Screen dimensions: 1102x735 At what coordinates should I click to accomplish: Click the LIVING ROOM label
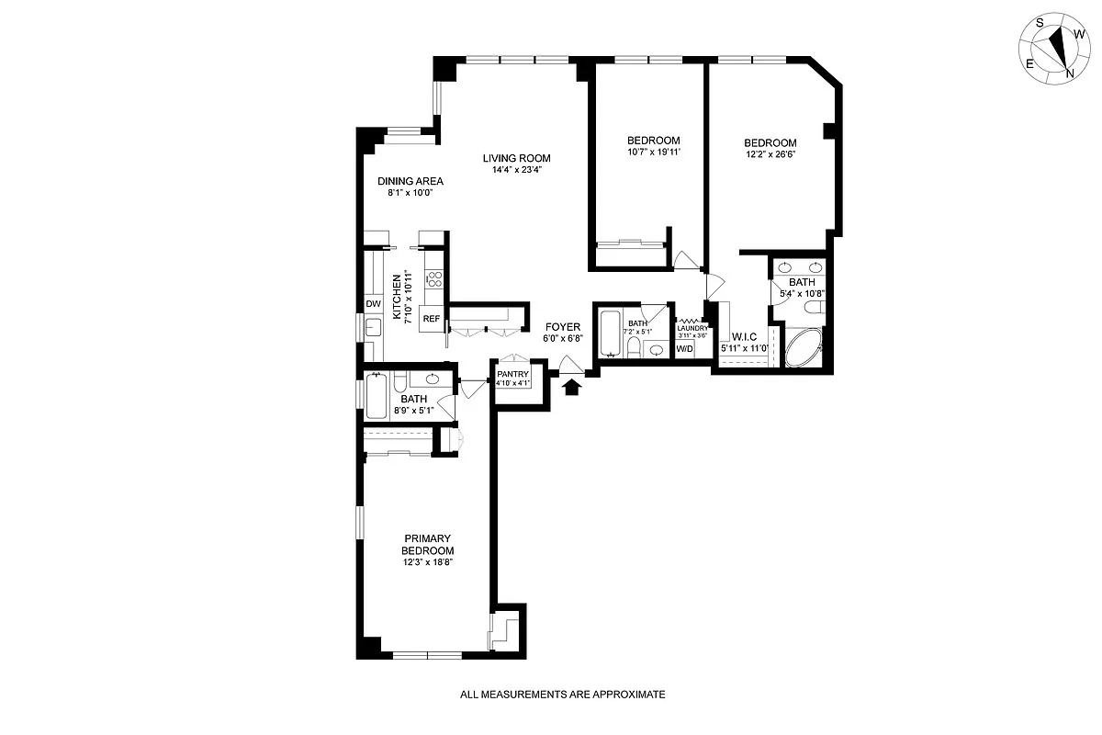coord(516,158)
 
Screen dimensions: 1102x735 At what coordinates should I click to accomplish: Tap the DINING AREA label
coord(410,181)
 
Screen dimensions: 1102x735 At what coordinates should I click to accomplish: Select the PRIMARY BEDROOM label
coord(428,545)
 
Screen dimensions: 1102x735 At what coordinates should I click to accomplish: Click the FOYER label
coord(563,327)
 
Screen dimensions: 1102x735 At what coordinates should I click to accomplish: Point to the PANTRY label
coord(512,374)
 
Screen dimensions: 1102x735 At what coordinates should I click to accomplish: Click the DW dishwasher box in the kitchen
coord(374,304)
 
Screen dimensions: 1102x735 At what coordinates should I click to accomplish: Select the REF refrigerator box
coord(432,319)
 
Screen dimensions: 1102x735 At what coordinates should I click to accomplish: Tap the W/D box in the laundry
coord(685,349)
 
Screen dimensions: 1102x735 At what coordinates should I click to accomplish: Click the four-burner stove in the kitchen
coord(433,279)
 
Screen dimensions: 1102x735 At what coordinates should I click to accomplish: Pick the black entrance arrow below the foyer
coord(571,388)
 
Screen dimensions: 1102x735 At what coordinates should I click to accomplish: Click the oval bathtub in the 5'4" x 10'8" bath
coord(804,348)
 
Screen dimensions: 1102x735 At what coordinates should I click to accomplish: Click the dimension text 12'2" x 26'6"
coord(770,154)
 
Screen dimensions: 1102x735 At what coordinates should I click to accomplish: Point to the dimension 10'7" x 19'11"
coord(654,152)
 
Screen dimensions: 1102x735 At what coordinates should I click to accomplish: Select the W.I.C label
coord(745,337)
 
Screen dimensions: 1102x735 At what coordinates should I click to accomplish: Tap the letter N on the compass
coord(1070,73)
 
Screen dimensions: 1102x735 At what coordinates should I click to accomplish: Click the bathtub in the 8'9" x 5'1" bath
coord(377,396)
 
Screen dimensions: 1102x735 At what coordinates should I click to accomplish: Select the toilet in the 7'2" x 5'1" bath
coord(634,346)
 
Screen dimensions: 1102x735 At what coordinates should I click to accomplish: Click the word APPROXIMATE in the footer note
coord(628,695)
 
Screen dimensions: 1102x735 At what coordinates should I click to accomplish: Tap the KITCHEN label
coord(397,297)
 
